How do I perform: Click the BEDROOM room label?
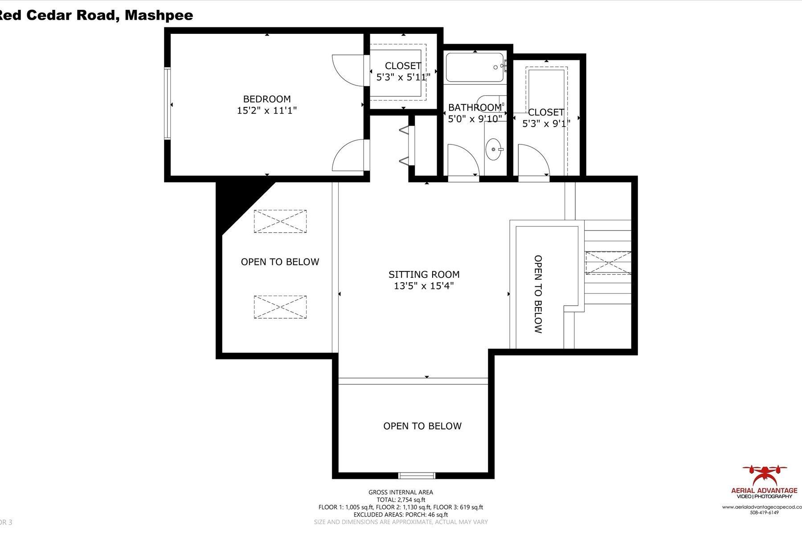coord(266,99)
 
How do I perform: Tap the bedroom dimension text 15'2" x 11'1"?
coord(266,111)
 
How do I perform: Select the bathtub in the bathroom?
coord(475,67)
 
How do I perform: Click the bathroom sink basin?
coord(494,149)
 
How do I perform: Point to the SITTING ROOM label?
coord(424,275)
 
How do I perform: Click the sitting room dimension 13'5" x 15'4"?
coord(424,286)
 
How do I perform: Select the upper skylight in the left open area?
coord(280,221)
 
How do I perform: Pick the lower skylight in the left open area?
coord(280,307)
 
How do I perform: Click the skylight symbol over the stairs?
coord(608,263)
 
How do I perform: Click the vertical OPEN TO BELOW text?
coord(538,294)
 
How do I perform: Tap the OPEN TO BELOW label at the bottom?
coord(422,426)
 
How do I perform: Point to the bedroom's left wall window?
coord(168,103)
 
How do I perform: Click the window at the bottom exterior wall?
coord(416,475)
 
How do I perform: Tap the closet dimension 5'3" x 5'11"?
coord(403,77)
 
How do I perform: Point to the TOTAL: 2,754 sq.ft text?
coord(400,500)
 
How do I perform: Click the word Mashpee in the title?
coord(159,15)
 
